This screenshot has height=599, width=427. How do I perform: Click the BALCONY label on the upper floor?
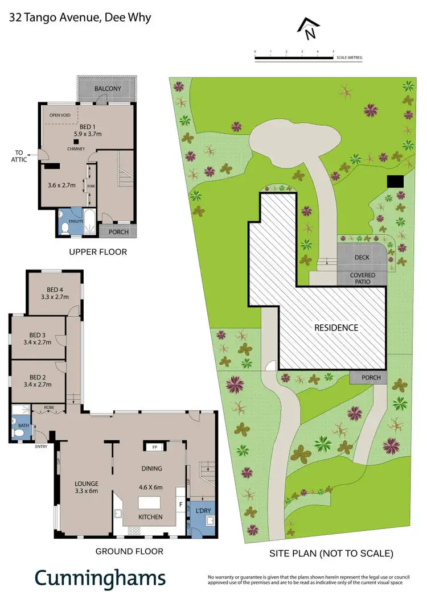[x=108, y=89]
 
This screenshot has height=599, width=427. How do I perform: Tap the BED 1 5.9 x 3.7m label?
[x=87, y=130]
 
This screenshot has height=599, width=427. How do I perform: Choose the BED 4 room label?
[x=55, y=292]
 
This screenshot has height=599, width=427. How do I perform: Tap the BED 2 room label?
[x=38, y=381]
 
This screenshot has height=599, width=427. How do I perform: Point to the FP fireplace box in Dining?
[x=154, y=447]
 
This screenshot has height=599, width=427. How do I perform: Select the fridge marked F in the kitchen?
[x=180, y=504]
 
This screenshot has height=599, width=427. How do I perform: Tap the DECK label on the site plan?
[x=362, y=258]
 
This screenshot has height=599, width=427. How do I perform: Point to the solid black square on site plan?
[x=395, y=181]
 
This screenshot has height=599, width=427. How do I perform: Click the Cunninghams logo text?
[x=100, y=577]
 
